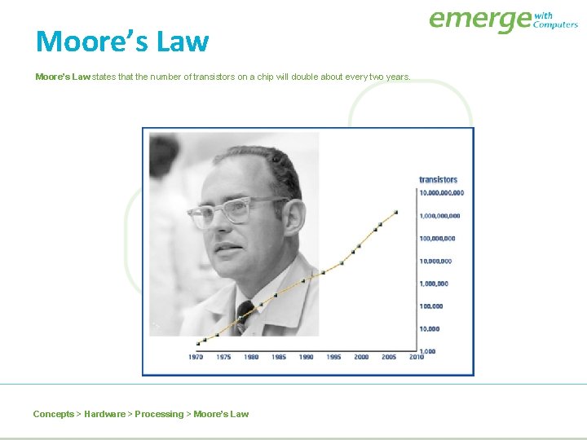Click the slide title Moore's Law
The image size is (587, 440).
(x=122, y=41)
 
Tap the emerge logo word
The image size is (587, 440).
(x=479, y=20)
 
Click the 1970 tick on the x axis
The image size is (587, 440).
(x=196, y=357)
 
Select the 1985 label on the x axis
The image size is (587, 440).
(x=278, y=357)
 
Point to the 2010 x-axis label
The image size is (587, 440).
(x=416, y=357)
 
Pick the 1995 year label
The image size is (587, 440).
(x=333, y=357)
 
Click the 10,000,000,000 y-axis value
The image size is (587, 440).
(x=441, y=193)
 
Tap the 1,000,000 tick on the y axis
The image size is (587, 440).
(x=433, y=284)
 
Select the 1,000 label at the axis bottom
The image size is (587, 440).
(x=428, y=351)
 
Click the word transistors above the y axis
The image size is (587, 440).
(x=438, y=179)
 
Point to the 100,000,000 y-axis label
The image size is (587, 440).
(x=437, y=239)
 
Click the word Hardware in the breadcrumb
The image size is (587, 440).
(x=104, y=414)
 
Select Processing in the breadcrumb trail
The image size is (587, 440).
(x=159, y=414)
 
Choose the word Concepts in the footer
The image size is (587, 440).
(x=53, y=414)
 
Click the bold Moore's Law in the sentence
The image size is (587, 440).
(x=63, y=77)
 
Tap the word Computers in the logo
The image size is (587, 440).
(x=555, y=24)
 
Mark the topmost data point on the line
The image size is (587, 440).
(x=395, y=212)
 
